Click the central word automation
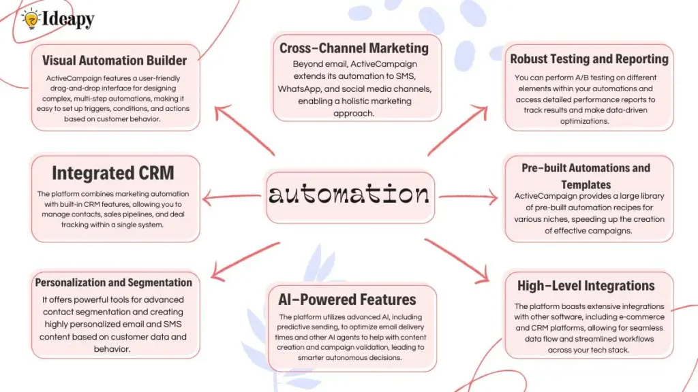coord(349,195)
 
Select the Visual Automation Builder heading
coord(115,60)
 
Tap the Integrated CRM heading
coord(113,173)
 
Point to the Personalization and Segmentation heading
coord(114,282)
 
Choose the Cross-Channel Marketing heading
coord(354,48)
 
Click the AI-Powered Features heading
coord(347,299)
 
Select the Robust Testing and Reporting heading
coord(589,59)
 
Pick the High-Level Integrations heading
coord(586,286)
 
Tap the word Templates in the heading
coord(586,184)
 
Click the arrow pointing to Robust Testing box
coord(459,129)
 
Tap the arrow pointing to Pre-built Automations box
coord(469,198)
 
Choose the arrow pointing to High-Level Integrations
coord(458,261)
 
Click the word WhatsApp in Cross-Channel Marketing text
coord(304,89)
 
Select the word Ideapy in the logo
coord(68,20)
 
